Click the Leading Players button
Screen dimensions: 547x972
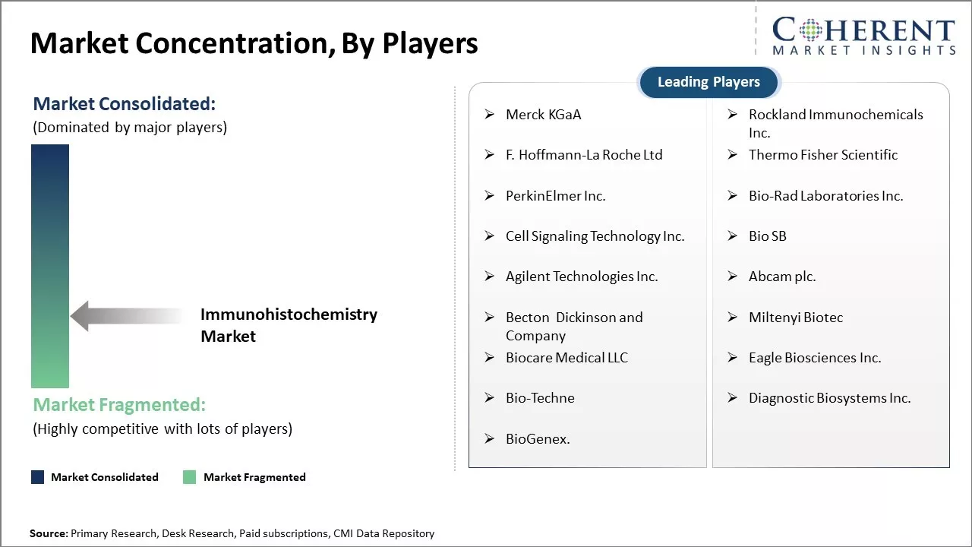coord(708,82)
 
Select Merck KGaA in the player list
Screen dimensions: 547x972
coord(543,115)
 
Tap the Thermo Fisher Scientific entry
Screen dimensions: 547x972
coord(822,155)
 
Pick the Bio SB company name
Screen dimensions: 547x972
coord(767,236)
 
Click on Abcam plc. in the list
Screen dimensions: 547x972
coord(781,277)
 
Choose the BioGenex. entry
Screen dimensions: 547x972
coord(538,438)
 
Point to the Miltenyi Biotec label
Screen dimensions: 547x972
coord(795,318)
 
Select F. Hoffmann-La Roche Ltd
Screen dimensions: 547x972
coord(583,155)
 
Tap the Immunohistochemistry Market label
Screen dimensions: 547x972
coord(289,325)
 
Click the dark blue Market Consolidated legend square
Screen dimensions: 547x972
coord(37,477)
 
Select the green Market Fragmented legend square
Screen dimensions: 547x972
coord(190,477)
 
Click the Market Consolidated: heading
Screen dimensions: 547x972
coord(124,104)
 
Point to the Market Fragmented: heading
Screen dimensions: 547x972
coord(119,405)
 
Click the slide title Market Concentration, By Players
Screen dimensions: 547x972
coord(254,43)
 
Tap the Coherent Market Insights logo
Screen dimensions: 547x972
coord(863,36)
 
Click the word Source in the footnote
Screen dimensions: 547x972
coord(49,534)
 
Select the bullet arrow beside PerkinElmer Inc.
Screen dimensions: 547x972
coord(490,195)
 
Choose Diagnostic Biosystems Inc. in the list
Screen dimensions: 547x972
coord(829,398)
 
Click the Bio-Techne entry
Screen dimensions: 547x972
coord(540,398)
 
